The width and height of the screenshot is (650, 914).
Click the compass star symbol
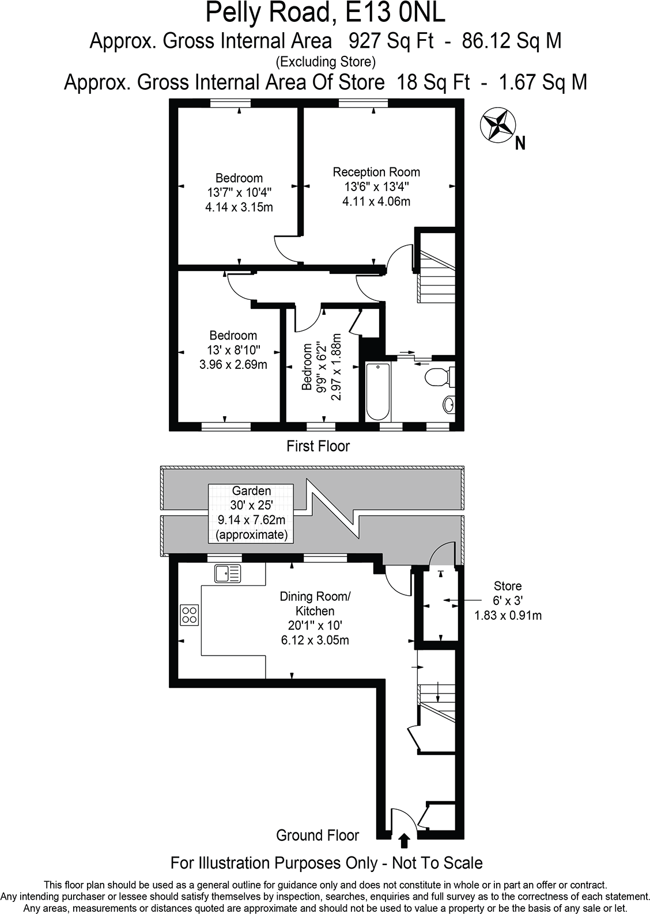496,124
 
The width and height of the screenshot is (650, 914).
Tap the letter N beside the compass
520,143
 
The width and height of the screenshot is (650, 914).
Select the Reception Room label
376,172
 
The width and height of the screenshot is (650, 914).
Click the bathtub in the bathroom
378,391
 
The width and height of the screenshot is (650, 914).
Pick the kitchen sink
228,573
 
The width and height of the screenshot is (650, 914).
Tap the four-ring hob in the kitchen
190,615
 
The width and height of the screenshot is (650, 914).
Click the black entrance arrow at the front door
404,841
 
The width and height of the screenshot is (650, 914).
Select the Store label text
508,586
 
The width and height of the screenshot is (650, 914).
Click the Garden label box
251,513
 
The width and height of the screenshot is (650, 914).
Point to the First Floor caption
318,446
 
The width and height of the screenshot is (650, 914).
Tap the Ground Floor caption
318,835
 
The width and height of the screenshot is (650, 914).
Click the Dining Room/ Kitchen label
315,604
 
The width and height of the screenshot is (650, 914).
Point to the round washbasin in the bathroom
449,405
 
